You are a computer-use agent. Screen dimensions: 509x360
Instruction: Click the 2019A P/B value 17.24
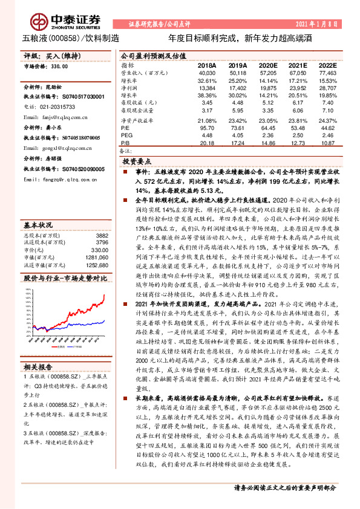tap(237, 143)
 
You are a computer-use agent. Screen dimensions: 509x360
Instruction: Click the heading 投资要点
tap(137, 162)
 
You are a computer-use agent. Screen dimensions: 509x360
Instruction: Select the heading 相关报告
tap(40, 366)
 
